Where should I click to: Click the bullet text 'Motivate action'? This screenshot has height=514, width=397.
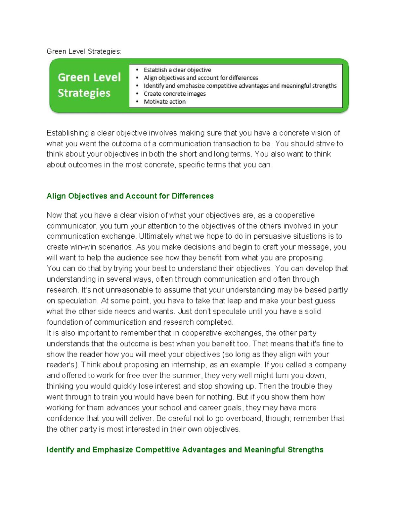click(x=164, y=102)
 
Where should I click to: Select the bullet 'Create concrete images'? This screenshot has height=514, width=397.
click(x=174, y=94)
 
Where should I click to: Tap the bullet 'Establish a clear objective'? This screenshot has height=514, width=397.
click(x=177, y=70)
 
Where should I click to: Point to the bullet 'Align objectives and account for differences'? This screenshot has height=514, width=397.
click(x=200, y=78)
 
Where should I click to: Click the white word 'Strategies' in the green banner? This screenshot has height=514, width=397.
click(x=84, y=93)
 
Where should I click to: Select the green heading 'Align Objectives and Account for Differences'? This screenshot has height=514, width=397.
click(x=130, y=196)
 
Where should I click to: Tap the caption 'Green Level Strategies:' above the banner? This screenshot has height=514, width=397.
click(x=84, y=51)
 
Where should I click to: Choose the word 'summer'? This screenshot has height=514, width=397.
click(x=188, y=376)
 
